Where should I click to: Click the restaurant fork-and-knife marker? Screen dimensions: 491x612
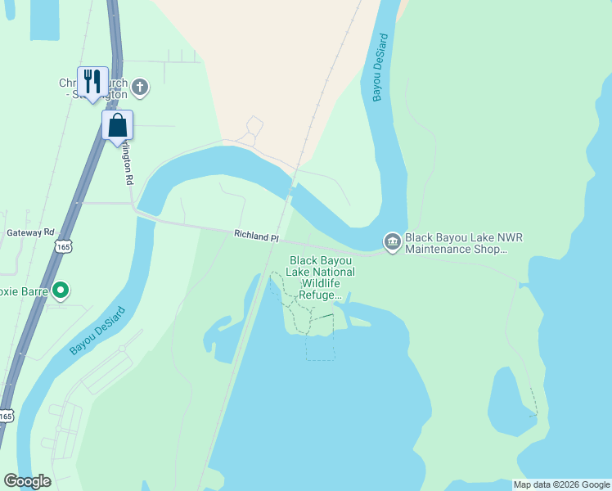(92, 82)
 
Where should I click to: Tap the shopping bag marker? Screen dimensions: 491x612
(117, 125)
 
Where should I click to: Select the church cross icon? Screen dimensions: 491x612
(140, 87)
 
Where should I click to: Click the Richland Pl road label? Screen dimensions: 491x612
(256, 236)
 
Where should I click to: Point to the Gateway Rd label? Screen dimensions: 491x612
(30, 232)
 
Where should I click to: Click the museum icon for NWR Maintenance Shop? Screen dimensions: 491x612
(393, 241)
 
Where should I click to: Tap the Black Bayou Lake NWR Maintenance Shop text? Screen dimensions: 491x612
(463, 242)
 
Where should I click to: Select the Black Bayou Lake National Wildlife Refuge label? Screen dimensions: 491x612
(322, 277)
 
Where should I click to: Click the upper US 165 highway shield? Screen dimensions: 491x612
(61, 245)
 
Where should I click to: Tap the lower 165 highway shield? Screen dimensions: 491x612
(6, 416)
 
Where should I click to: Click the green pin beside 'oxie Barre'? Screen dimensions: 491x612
(60, 290)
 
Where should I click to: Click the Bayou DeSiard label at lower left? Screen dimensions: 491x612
(97, 331)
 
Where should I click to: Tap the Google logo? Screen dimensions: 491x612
(27, 481)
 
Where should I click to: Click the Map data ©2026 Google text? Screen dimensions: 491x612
(561, 484)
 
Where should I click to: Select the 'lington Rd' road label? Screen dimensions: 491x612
(128, 164)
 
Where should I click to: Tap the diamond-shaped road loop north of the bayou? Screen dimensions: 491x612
(254, 127)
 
